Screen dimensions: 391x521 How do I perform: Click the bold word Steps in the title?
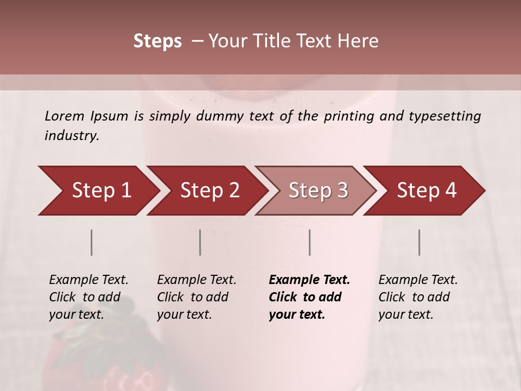click(157, 41)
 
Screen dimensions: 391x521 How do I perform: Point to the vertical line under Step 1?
click(92, 242)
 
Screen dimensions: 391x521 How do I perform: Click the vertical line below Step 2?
click(200, 242)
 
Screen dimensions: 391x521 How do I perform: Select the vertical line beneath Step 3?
click(309, 242)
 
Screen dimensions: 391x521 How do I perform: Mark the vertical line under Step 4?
click(419, 242)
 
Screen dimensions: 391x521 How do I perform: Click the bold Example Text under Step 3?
click(309, 280)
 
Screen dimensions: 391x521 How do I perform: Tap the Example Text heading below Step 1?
click(88, 280)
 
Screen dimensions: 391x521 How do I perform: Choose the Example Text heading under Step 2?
click(196, 280)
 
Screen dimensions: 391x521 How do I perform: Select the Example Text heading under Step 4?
click(418, 280)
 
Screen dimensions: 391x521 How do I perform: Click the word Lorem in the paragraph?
click(65, 116)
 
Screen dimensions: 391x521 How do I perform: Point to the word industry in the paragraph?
click(71, 136)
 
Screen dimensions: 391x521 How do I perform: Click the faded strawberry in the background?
click(103, 353)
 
